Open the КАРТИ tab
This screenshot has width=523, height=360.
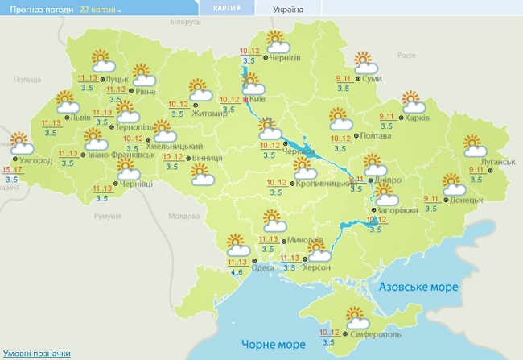(225, 8)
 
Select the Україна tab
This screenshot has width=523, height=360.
(288, 9)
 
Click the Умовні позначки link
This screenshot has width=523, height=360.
(36, 354)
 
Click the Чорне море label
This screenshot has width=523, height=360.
(274, 344)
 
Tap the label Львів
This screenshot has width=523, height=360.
(80, 118)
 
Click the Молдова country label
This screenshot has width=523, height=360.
(183, 217)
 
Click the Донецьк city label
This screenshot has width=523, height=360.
(467, 200)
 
